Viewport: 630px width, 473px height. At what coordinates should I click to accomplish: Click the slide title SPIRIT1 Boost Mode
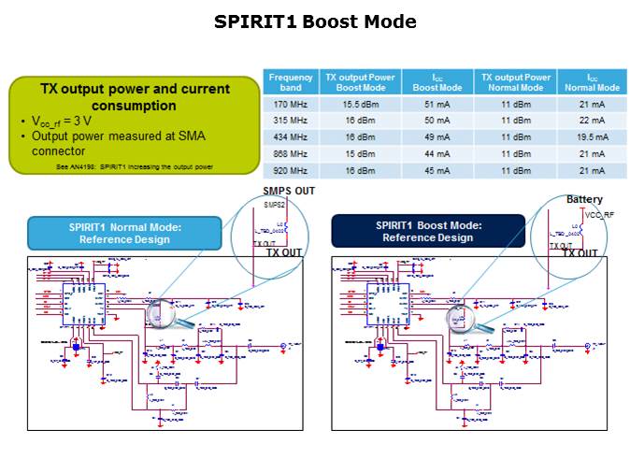coord(315,21)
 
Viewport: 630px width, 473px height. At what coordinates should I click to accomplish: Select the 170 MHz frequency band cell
coord(290,105)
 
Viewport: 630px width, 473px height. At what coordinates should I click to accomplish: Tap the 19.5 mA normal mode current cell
coord(591,137)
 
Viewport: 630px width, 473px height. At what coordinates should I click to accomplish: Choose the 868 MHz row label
coord(290,153)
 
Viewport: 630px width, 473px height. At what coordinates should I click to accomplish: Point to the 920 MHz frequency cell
coord(290,170)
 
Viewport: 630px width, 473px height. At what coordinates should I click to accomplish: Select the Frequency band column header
coord(290,81)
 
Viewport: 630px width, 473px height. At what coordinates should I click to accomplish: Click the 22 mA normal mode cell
coord(591,121)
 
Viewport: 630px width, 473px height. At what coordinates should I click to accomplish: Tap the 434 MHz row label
coord(290,137)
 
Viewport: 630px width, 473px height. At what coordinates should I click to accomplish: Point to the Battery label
coord(584,199)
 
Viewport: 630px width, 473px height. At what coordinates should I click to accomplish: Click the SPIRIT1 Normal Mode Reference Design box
coord(124,232)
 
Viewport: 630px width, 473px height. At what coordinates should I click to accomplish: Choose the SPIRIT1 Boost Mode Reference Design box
coord(428,231)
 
